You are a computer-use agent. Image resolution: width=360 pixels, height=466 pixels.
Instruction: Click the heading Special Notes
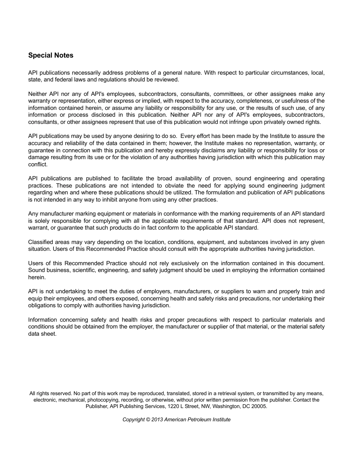[x=51, y=55]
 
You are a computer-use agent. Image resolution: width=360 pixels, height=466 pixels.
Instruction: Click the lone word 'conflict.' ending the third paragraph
[x=38, y=164]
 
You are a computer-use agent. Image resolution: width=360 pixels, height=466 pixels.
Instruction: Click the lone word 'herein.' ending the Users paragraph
[x=37, y=277]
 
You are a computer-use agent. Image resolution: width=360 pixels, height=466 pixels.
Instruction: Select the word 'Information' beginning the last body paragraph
[x=42, y=320]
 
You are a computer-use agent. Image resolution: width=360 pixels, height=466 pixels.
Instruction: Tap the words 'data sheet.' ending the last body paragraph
[x=42, y=334]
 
